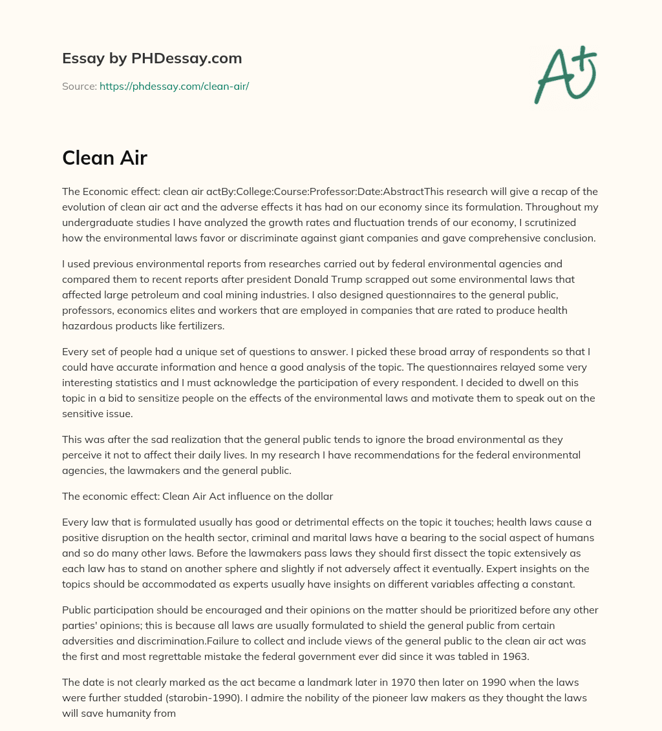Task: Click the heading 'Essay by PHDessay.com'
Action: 152,59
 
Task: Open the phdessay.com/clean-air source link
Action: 174,86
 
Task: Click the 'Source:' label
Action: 79,86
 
